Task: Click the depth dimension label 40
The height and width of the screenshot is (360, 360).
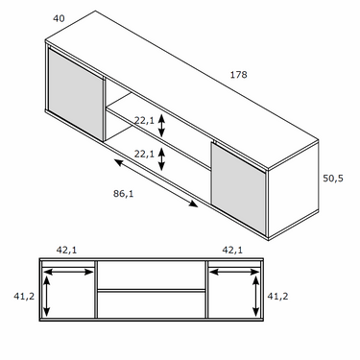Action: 59,18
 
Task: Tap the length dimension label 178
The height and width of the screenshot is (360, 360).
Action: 239,75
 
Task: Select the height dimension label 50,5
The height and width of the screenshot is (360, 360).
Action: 333,179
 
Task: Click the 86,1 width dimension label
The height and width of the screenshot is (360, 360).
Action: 123,194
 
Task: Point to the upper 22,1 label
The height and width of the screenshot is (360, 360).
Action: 144,121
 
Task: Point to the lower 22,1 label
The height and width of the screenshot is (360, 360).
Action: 144,154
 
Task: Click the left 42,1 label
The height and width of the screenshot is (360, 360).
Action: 67,250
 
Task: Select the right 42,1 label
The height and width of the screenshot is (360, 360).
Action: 232,250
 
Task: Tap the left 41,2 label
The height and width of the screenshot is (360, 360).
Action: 24,297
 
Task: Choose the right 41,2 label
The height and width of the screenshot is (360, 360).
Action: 277,297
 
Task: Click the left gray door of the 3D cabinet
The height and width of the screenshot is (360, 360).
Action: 76,95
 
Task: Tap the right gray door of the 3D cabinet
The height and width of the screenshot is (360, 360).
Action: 238,188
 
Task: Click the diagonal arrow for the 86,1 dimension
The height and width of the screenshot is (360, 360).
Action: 156,183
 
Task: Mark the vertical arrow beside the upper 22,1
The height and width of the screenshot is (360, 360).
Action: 162,126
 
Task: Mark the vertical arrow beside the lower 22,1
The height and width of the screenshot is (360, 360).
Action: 162,158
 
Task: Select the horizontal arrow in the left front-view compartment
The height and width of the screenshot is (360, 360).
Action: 68,272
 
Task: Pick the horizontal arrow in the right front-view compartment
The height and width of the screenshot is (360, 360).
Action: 234,272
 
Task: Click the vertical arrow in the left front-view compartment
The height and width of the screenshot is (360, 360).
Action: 47,297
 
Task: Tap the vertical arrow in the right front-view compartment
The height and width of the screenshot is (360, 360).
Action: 255,297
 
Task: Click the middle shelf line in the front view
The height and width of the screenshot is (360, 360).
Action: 152,291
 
